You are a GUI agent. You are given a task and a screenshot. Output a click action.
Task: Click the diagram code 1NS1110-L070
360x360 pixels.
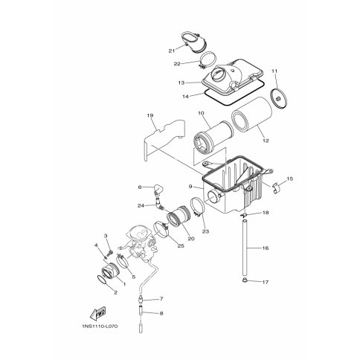pyautogui.click(x=100, y=327)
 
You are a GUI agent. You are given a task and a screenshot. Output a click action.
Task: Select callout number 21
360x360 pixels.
pyautogui.click(x=172, y=51)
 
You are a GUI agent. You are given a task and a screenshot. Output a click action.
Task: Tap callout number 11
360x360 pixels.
pyautogui.click(x=274, y=71)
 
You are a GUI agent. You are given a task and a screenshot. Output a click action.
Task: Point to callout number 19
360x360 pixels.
pyautogui.click(x=150, y=115)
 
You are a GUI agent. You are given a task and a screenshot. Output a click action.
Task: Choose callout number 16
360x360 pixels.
pyautogui.click(x=266, y=248)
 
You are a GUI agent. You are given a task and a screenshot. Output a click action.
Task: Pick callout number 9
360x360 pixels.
pyautogui.click(x=190, y=186)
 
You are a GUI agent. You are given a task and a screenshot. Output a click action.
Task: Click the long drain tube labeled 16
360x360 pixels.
pyautogui.click(x=245, y=247)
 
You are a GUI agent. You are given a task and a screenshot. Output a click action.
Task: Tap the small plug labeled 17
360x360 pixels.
pyautogui.click(x=245, y=280)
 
